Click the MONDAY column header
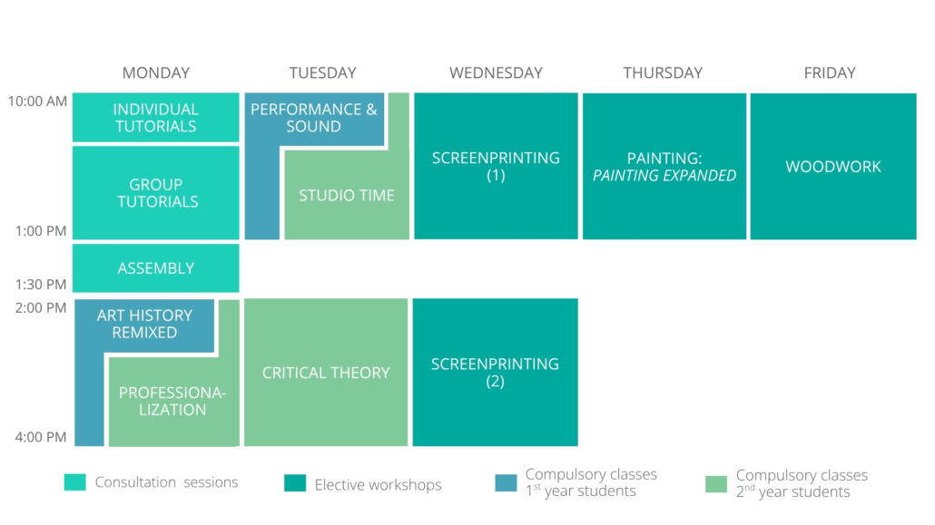point(155,73)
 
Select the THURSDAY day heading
point(663,73)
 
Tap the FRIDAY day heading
point(830,73)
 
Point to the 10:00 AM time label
point(37,102)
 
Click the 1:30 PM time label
point(41,284)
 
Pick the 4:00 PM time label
point(41,437)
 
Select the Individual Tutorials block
point(155,117)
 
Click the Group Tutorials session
point(155,192)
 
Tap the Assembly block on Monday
point(155,268)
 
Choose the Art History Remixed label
point(144,324)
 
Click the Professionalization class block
point(172,401)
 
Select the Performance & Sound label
point(314,117)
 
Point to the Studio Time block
point(347,195)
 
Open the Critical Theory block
point(326,373)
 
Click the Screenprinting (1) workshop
point(497,166)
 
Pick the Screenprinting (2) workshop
point(495,373)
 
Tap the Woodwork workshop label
point(833,166)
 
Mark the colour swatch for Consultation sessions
point(75,482)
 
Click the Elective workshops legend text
point(378,484)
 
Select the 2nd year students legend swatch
point(716,484)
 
